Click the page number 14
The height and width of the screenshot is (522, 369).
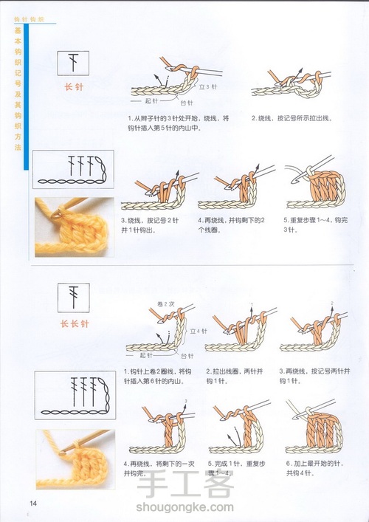coord(13,503)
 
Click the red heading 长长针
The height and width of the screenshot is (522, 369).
coord(74,323)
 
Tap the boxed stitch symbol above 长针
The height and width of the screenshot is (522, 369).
coord(73,63)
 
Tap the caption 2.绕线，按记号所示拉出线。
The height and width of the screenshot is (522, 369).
coord(291,118)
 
